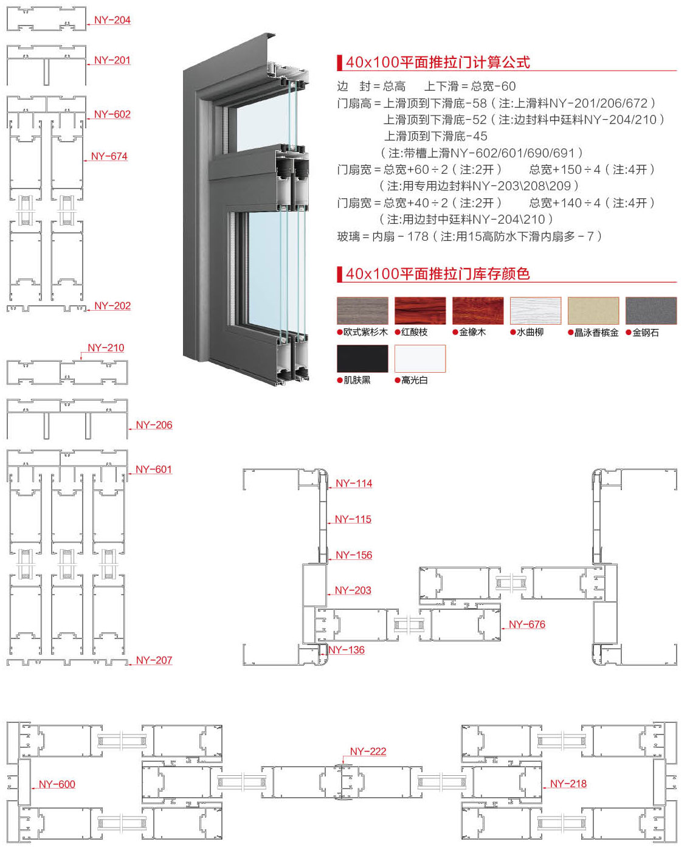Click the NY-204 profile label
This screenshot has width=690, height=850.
112,20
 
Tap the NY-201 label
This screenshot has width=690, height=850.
112,60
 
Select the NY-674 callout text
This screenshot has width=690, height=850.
109,156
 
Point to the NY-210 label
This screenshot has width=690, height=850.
106,348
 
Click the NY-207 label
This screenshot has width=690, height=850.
154,660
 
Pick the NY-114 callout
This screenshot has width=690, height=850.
354,483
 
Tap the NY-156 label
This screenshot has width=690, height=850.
354,555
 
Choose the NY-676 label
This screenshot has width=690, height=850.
527,624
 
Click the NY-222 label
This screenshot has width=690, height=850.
368,752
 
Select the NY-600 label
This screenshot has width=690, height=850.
57,784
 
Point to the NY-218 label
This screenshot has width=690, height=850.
568,784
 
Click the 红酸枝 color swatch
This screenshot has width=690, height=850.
420,311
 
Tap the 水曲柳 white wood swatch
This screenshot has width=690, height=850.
536,311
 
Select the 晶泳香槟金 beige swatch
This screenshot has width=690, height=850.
593,311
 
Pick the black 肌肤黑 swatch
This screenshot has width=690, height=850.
362,358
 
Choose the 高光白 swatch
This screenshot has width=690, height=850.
420,358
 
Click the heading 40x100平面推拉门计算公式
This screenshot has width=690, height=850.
438,62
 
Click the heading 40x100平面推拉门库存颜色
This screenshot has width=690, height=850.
438,274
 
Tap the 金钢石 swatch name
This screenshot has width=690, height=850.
646,333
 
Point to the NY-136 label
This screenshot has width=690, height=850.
347,650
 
